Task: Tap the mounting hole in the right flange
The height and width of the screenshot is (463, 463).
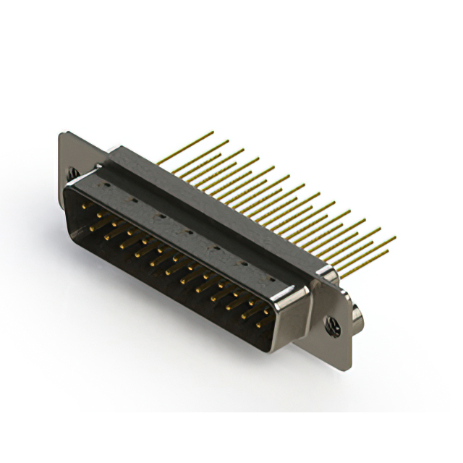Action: pos(335,326)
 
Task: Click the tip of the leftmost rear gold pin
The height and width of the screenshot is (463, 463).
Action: pos(213,132)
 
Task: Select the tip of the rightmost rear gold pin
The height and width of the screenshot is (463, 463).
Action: pos(395,237)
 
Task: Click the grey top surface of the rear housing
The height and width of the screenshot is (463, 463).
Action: pos(217,217)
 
